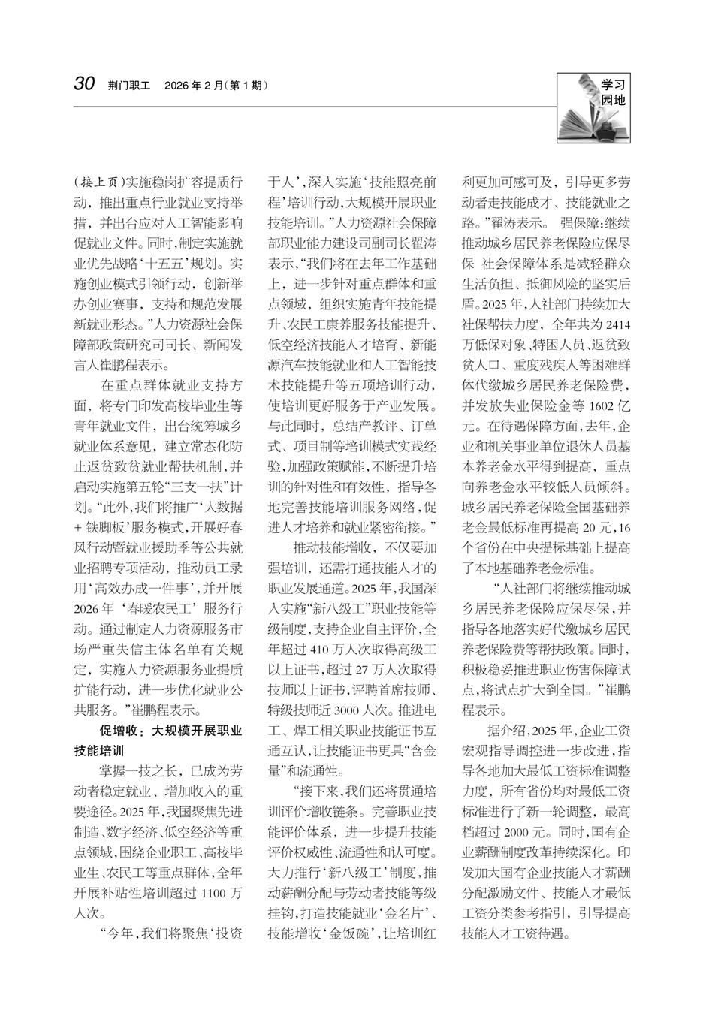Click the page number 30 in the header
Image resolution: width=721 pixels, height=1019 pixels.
pyautogui.click(x=83, y=83)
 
